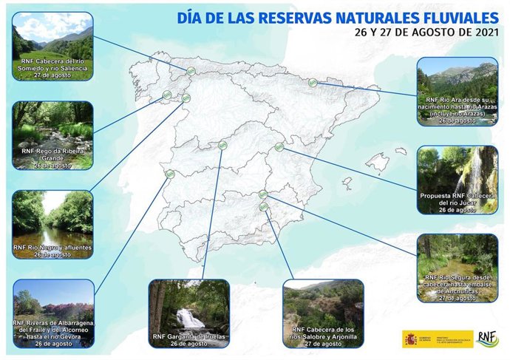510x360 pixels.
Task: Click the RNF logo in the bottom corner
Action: (487, 339)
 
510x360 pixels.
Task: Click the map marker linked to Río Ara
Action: (313, 84)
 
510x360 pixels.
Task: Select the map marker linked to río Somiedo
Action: (191, 71)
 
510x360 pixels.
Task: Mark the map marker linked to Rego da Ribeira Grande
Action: (167, 95)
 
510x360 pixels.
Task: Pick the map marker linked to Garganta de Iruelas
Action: (223, 146)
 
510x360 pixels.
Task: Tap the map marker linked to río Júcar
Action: (279, 147)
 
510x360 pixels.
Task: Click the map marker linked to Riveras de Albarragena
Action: (170, 174)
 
